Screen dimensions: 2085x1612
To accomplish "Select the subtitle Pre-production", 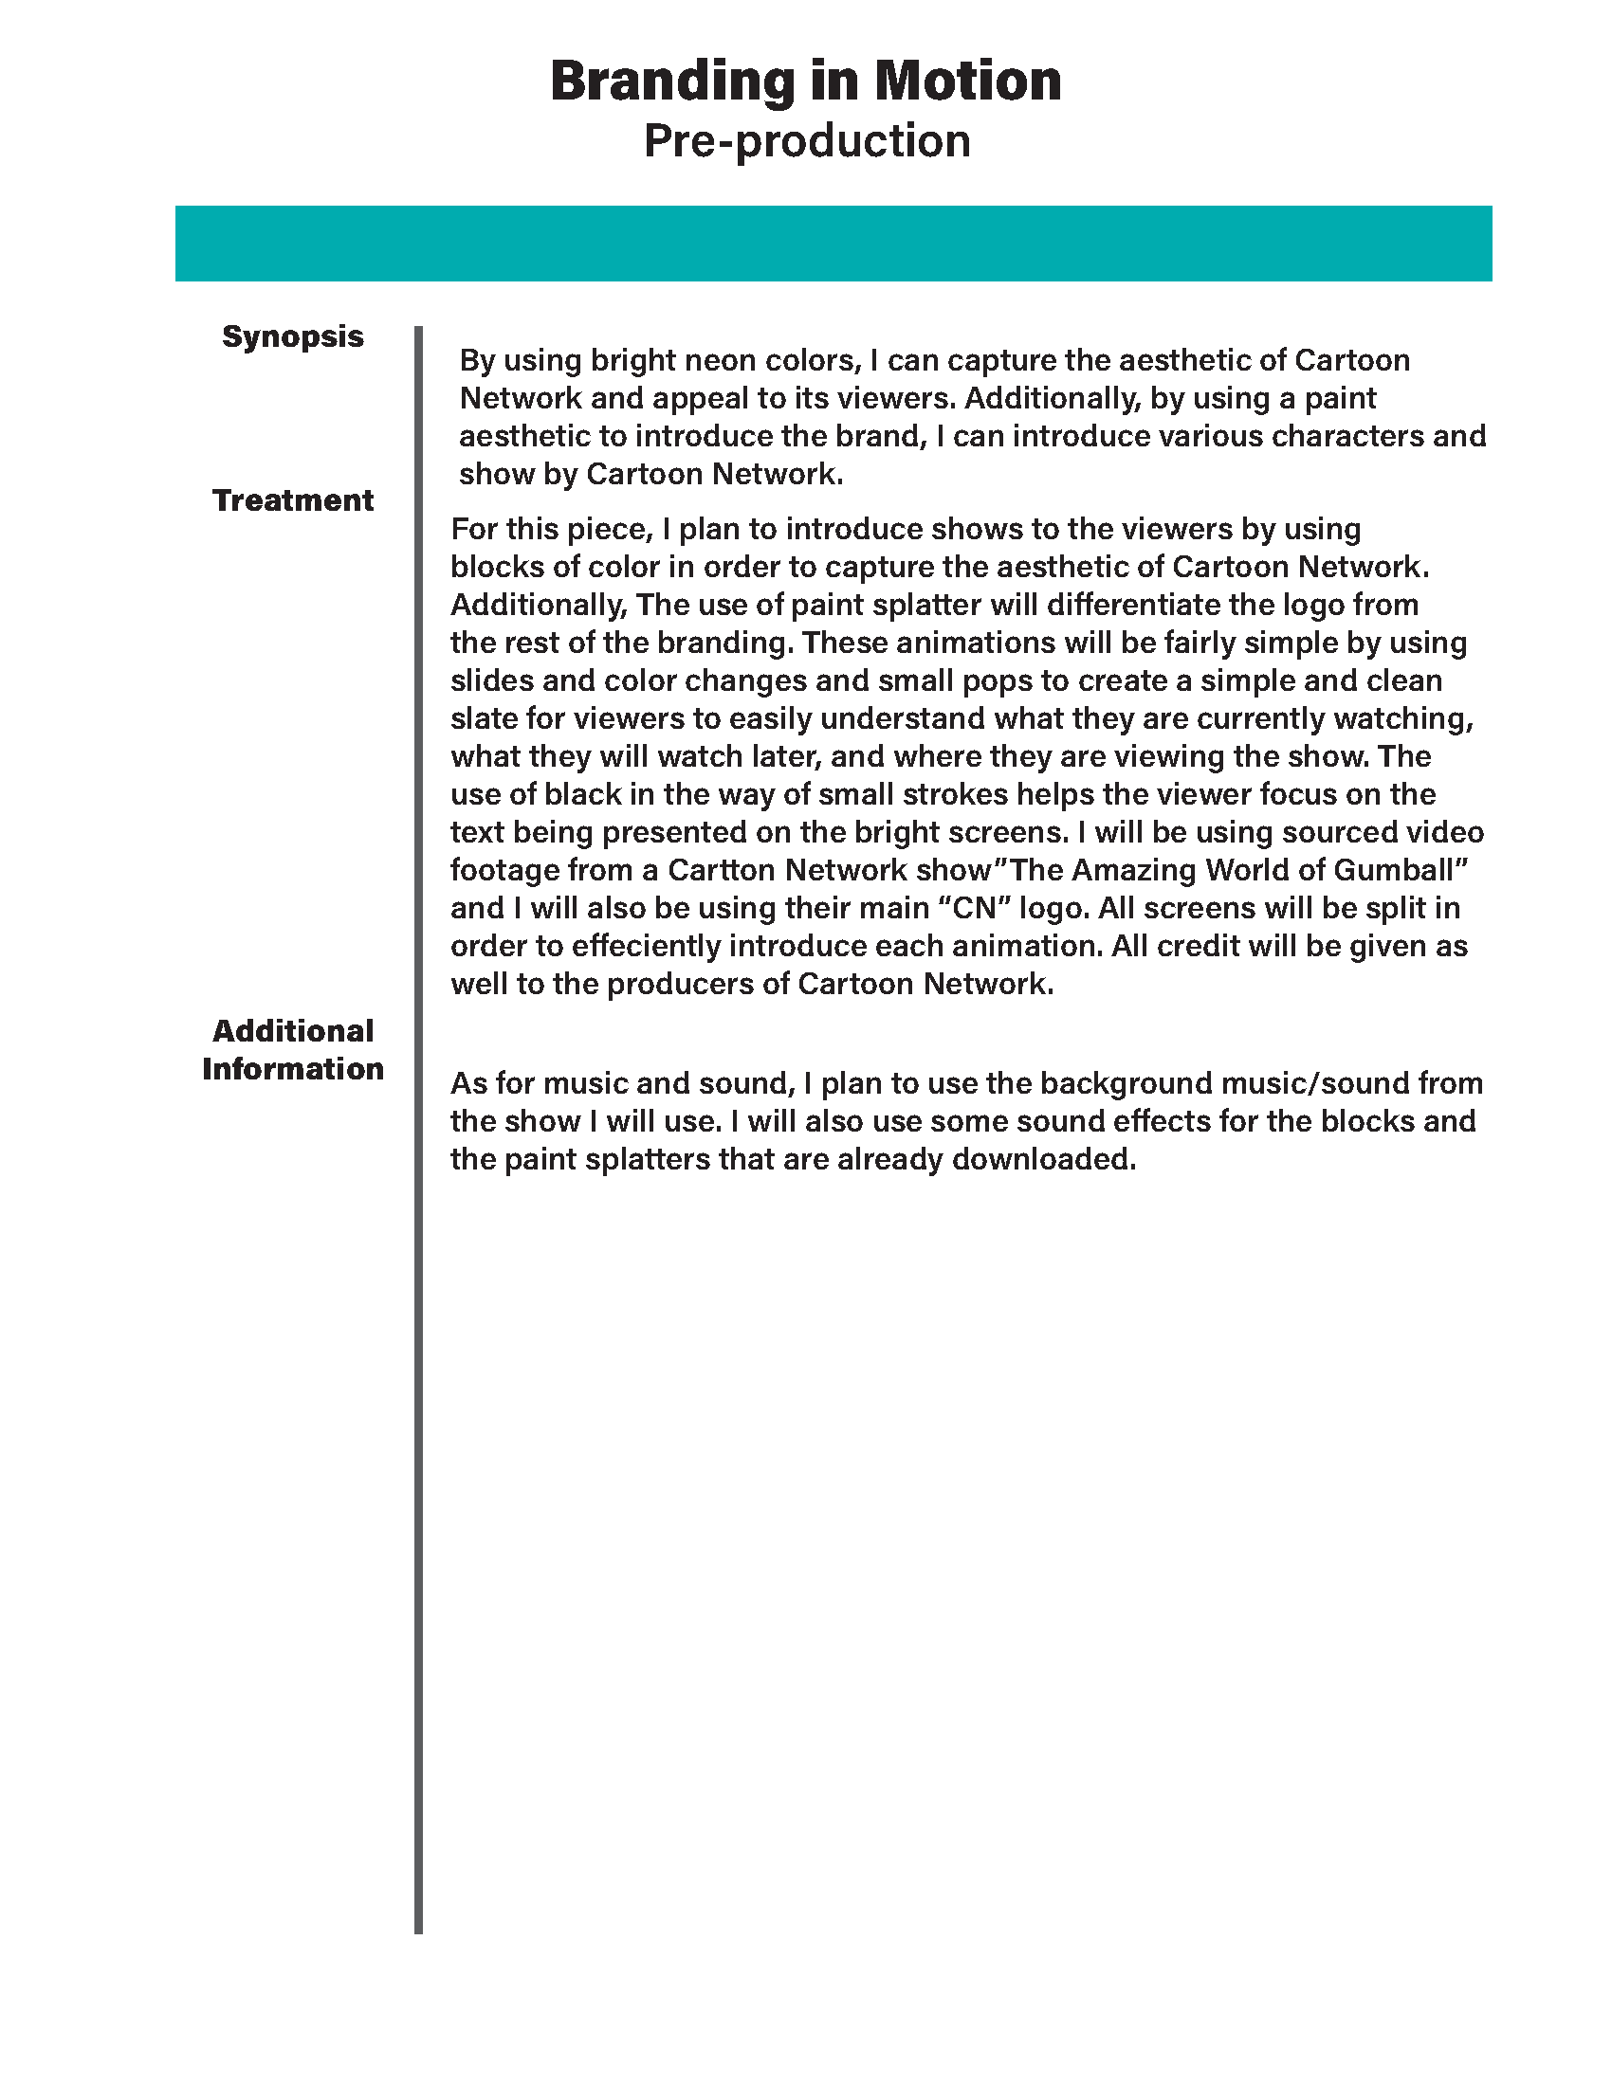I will pyautogui.click(x=807, y=140).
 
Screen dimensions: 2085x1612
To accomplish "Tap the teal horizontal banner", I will pyautogui.click(x=833, y=243).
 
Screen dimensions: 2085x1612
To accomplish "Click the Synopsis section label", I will pyautogui.click(x=292, y=336).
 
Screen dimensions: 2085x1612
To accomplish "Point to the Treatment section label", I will pyautogui.click(x=292, y=500).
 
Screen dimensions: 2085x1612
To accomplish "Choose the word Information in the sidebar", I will pyautogui.click(x=292, y=1068).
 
